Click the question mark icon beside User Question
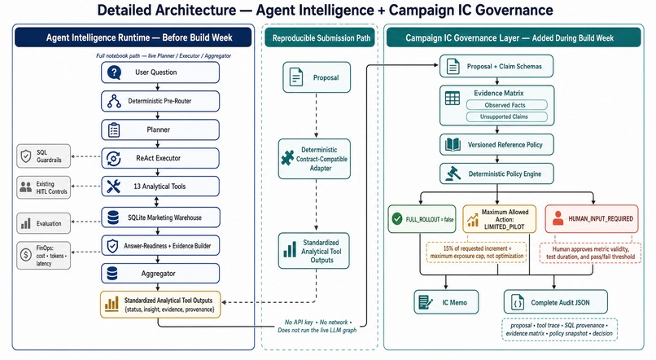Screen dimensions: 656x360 tap(114, 72)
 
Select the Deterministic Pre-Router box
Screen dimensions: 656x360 tap(160, 101)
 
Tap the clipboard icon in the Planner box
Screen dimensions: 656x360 tap(114, 130)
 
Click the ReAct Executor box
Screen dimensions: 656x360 tap(160, 158)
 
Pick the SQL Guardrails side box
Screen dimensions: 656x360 tap(43, 156)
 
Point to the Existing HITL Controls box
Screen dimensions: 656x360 tap(43, 187)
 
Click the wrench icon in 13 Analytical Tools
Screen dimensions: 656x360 tap(113, 187)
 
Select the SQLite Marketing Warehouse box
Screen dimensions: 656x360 tap(160, 217)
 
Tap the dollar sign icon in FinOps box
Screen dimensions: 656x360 tap(26, 254)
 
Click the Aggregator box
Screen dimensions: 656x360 tap(160, 274)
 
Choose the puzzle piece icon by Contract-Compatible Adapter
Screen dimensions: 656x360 tap(287, 158)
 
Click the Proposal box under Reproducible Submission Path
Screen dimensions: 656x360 tap(317, 77)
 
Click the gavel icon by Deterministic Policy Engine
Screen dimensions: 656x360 tap(453, 173)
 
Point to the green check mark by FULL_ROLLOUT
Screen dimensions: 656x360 tap(397, 218)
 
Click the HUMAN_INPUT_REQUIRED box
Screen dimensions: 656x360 tap(592, 218)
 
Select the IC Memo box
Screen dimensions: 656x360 tap(446, 302)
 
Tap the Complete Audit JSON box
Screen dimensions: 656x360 tap(556, 302)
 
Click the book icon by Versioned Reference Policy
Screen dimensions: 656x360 tap(453, 145)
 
